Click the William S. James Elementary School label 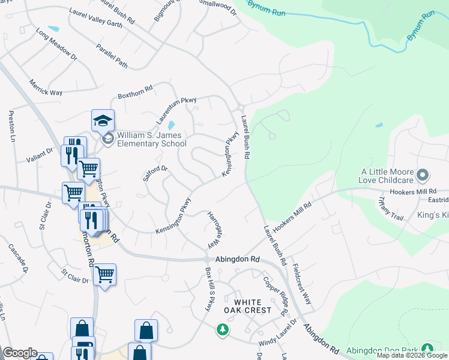click(151, 139)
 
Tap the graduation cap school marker click(103, 121)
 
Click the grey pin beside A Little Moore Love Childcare click(423, 175)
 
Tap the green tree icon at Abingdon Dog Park click(427, 348)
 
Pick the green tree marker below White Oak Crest click(223, 329)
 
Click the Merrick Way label click(46, 87)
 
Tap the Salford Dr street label click(155, 174)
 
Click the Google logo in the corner click(20, 353)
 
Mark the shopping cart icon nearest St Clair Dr click(104, 274)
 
